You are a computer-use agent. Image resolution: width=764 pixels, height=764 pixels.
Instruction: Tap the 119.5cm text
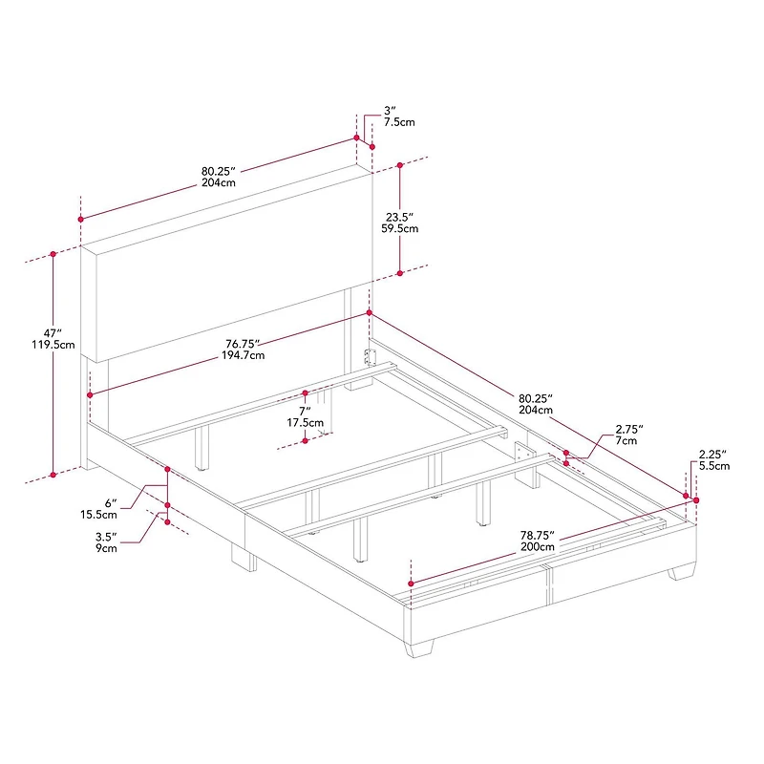53,345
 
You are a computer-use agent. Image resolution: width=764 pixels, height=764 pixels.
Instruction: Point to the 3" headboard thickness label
390,111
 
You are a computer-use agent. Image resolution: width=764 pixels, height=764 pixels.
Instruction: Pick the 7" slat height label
305,410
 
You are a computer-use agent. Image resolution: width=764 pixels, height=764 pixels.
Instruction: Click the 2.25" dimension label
713,454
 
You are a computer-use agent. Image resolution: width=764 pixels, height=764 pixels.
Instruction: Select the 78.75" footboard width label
538,535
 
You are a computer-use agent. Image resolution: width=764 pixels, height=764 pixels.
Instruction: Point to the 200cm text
538,547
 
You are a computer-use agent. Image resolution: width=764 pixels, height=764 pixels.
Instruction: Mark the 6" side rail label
110,502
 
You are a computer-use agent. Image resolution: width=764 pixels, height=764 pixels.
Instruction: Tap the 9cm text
106,549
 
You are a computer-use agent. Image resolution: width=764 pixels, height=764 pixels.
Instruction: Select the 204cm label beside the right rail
536,410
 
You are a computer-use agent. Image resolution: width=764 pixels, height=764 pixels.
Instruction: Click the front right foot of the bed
681,572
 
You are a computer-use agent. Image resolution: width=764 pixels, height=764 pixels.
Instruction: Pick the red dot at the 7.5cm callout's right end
372,146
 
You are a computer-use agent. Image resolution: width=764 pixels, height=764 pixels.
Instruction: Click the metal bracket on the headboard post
371,357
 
